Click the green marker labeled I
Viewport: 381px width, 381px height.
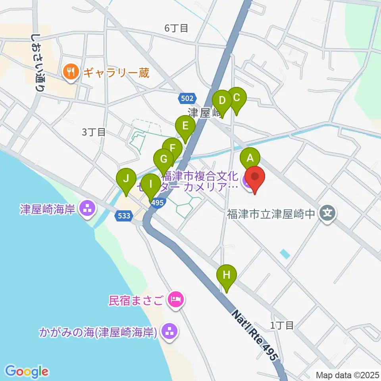tap(151, 184)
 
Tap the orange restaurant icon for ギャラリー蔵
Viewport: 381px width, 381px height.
tap(71, 72)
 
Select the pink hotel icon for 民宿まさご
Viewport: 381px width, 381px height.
tap(175, 299)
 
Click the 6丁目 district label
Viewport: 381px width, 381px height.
tap(176, 28)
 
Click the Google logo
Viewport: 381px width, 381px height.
tap(27, 371)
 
